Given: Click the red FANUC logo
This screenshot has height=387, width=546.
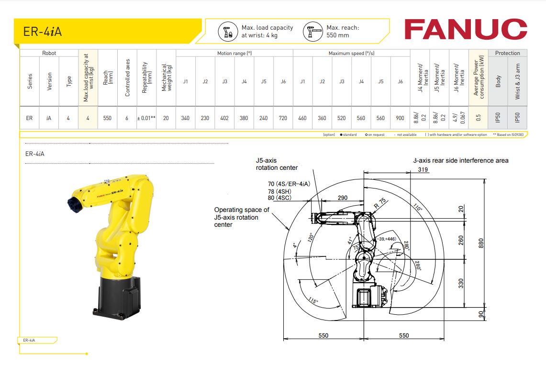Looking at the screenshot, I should (466, 29).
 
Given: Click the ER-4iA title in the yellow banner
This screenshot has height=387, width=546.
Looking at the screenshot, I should (43, 32).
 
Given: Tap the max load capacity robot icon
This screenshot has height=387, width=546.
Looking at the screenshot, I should (227, 32).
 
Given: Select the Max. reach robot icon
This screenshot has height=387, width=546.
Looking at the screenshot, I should (312, 32).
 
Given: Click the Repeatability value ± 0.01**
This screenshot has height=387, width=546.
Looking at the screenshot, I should (146, 118).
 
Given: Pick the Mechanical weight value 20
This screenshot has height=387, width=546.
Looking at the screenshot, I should (166, 118).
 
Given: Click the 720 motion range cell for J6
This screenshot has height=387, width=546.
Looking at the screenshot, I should (283, 118).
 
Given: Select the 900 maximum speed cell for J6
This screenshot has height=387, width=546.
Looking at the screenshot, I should (400, 118).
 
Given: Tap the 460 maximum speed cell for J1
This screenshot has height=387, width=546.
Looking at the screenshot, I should (302, 118).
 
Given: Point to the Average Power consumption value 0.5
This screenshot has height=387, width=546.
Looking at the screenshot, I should (479, 118).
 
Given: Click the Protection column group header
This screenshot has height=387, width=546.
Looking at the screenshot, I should (507, 53).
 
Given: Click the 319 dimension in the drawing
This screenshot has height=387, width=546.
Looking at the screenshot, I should (423, 170).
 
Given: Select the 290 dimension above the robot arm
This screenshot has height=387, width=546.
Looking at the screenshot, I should (342, 198).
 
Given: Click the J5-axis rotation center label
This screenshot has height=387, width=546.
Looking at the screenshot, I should (277, 164).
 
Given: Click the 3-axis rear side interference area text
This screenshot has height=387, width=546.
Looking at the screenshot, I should (460, 161).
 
